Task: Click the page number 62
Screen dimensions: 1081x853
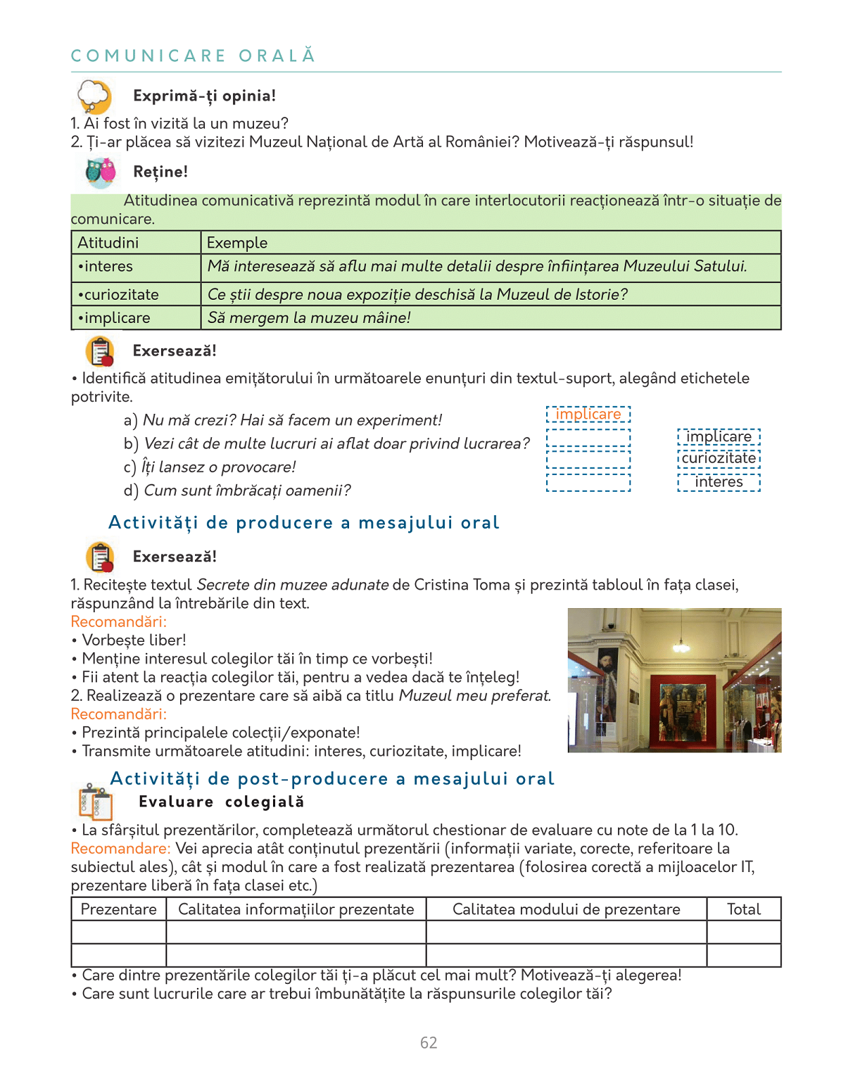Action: click(429, 1042)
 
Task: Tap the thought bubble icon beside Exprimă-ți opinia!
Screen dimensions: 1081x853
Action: click(94, 96)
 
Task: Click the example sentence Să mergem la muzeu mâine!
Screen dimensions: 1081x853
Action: click(309, 318)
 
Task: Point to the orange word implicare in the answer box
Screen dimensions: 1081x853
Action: click(588, 415)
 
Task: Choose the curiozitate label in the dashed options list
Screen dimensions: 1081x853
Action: click(719, 458)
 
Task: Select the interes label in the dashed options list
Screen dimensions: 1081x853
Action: click(719, 482)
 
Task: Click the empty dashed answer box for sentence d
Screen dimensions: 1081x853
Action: click(588, 483)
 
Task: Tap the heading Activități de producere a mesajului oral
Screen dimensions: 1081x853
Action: click(303, 523)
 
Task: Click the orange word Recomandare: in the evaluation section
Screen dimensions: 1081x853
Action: click(120, 849)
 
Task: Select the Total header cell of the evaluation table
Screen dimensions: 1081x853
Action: click(744, 909)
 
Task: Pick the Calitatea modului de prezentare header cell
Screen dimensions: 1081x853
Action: click(566, 909)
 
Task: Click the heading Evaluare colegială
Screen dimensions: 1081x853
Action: click(221, 802)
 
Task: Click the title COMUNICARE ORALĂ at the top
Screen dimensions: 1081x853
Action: click(193, 56)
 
